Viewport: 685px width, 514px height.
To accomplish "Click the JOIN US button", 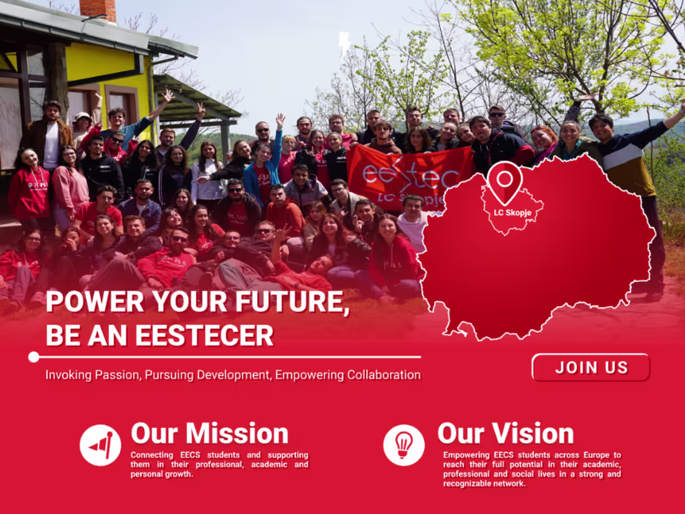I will click(590, 367).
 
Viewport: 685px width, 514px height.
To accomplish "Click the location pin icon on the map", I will click(504, 180).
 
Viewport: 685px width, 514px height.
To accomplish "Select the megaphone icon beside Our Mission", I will click(100, 445).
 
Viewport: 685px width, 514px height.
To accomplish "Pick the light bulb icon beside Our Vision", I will click(404, 445).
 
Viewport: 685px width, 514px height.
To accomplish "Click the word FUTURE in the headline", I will click(278, 302).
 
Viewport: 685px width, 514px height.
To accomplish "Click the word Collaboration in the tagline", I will click(384, 375).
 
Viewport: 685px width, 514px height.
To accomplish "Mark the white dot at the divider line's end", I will click(34, 357).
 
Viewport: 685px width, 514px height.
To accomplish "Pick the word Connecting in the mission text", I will click(152, 456).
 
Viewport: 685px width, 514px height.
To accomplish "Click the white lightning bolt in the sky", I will click(344, 43).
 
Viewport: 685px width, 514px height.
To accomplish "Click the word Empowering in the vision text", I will click(466, 456).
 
